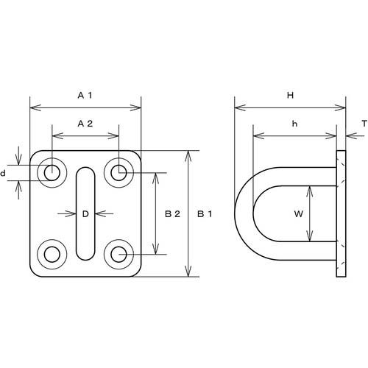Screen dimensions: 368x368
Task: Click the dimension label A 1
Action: click(85, 95)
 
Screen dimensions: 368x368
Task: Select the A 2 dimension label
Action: click(85, 124)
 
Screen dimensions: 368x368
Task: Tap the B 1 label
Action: click(205, 214)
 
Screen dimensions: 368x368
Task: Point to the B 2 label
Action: click(172, 214)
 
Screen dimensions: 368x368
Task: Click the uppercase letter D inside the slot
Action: click(85, 214)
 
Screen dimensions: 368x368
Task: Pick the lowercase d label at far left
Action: click(3, 174)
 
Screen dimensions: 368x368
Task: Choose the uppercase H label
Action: click(290, 95)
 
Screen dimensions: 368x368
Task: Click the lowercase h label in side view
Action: click(294, 124)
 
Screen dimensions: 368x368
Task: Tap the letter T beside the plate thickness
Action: click(364, 124)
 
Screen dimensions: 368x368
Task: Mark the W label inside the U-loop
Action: click(298, 214)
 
